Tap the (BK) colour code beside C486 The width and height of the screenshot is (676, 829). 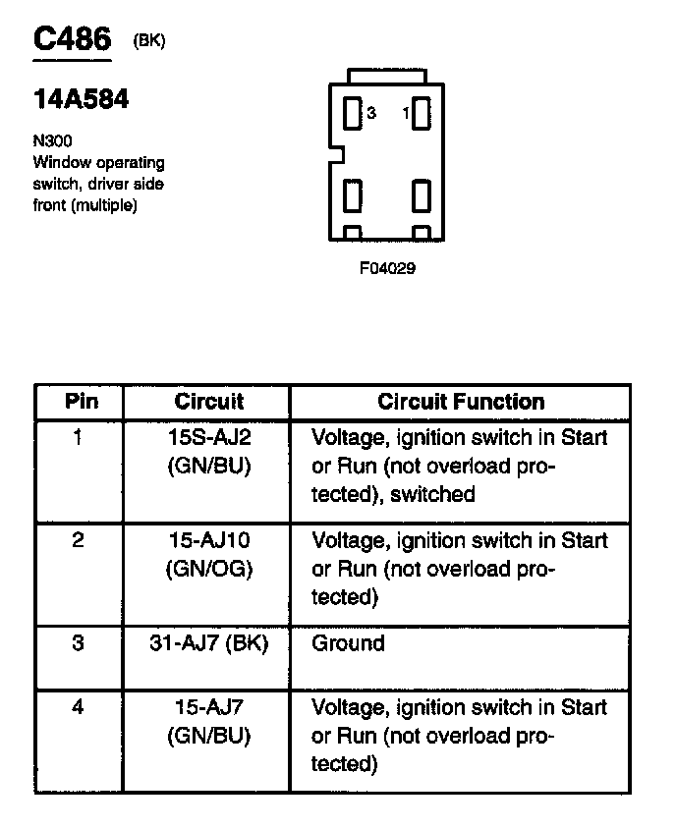click(x=148, y=40)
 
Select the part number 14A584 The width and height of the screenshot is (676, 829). click(x=81, y=100)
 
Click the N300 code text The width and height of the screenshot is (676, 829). click(x=52, y=141)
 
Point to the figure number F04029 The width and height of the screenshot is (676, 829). click(x=387, y=267)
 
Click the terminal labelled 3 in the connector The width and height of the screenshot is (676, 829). click(x=353, y=113)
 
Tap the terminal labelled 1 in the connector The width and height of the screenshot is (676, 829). click(x=422, y=113)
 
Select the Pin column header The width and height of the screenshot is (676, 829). click(x=81, y=401)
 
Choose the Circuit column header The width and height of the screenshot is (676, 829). click(x=208, y=401)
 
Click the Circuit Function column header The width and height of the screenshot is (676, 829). click(x=461, y=401)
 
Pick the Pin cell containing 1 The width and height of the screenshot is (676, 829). click(x=79, y=437)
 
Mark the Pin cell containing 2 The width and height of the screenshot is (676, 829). click(x=79, y=540)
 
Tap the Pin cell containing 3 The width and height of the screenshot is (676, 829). click(x=79, y=643)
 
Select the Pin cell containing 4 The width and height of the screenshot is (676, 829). click(x=79, y=707)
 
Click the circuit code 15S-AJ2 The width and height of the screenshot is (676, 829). click(x=209, y=437)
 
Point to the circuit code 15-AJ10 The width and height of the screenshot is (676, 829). click(x=209, y=540)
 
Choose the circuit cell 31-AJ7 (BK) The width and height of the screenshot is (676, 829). click(x=209, y=643)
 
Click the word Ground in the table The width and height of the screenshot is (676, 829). click(x=348, y=643)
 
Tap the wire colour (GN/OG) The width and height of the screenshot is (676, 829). click(x=209, y=569)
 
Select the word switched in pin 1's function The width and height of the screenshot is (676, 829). click(x=432, y=494)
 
